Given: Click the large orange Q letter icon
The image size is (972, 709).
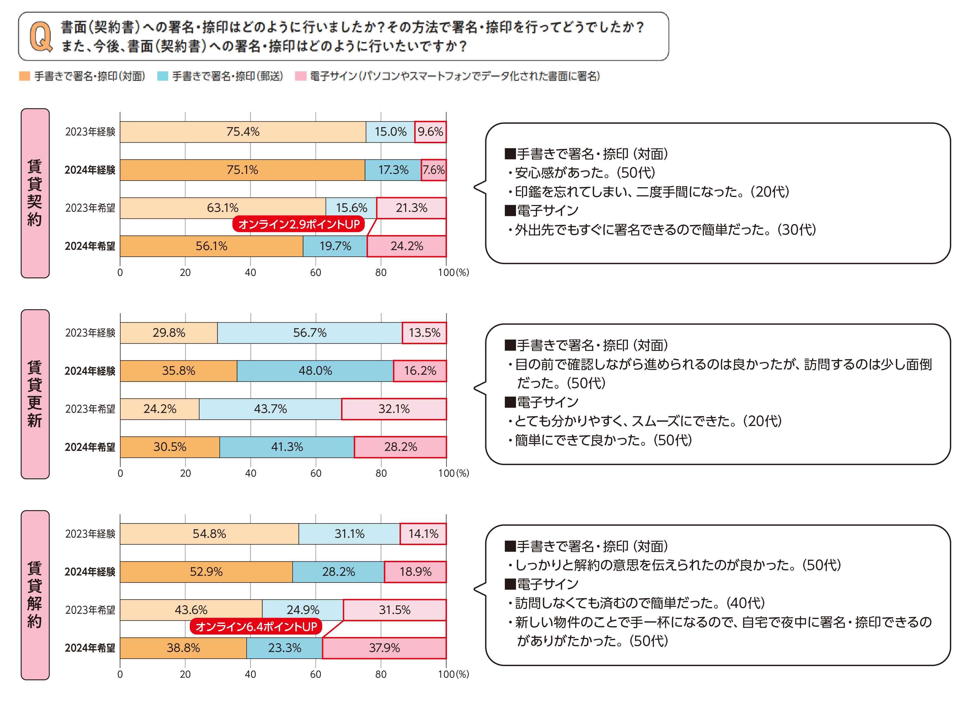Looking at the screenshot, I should [41, 37].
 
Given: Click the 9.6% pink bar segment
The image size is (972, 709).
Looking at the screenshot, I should [430, 132].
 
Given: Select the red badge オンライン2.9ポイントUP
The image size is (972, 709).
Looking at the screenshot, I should [298, 224].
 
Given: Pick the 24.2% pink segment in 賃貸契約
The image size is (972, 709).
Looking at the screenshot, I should [406, 246].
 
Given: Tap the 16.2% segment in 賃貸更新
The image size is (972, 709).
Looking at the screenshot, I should [420, 371].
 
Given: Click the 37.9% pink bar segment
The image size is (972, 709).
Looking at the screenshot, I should [384, 648].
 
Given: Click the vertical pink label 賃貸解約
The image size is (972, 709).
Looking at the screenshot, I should [35, 595].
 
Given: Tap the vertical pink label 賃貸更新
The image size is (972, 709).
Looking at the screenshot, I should [35, 394].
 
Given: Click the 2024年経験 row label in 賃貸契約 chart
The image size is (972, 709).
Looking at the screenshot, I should [90, 170].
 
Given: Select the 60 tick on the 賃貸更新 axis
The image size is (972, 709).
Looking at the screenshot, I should [316, 473].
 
